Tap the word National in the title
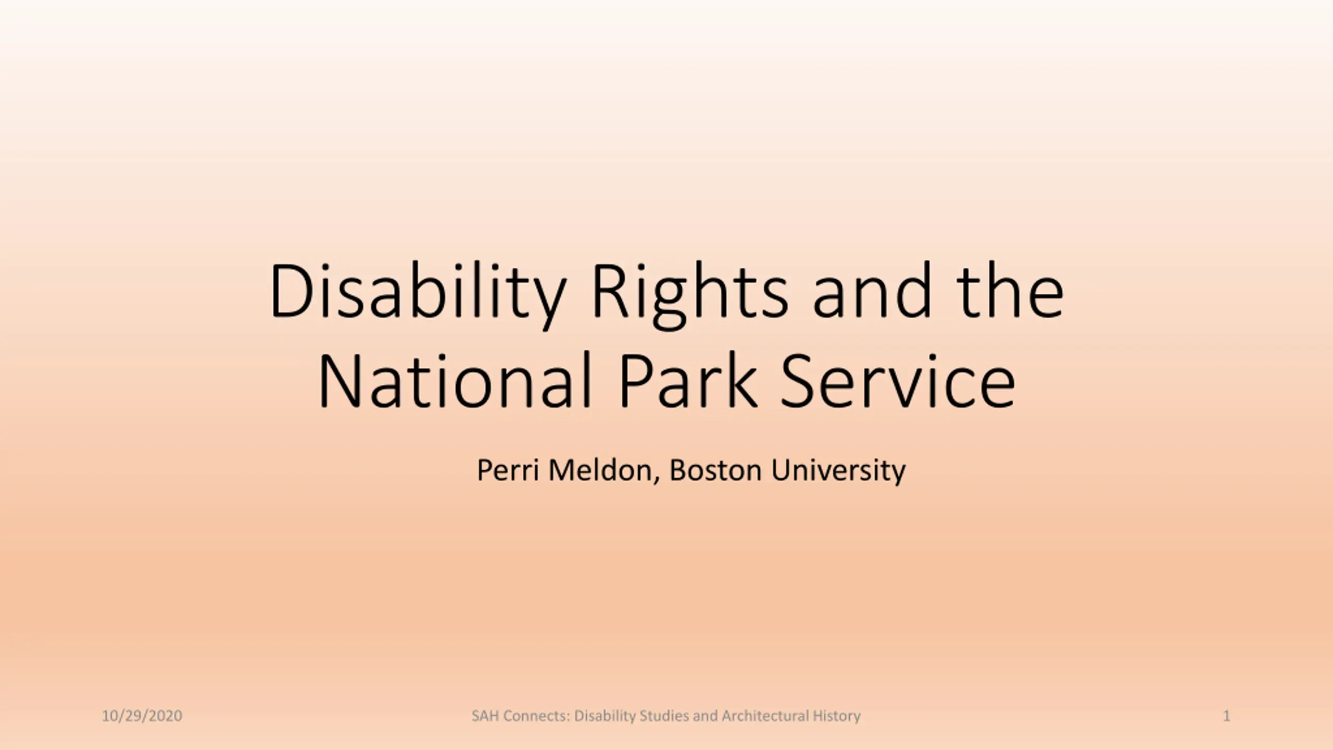(x=455, y=381)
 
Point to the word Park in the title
(x=688, y=381)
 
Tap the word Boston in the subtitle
(x=715, y=470)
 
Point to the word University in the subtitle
(x=838, y=471)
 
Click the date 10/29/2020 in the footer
(x=142, y=716)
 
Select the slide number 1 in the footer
(x=1227, y=716)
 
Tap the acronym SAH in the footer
(x=485, y=716)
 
